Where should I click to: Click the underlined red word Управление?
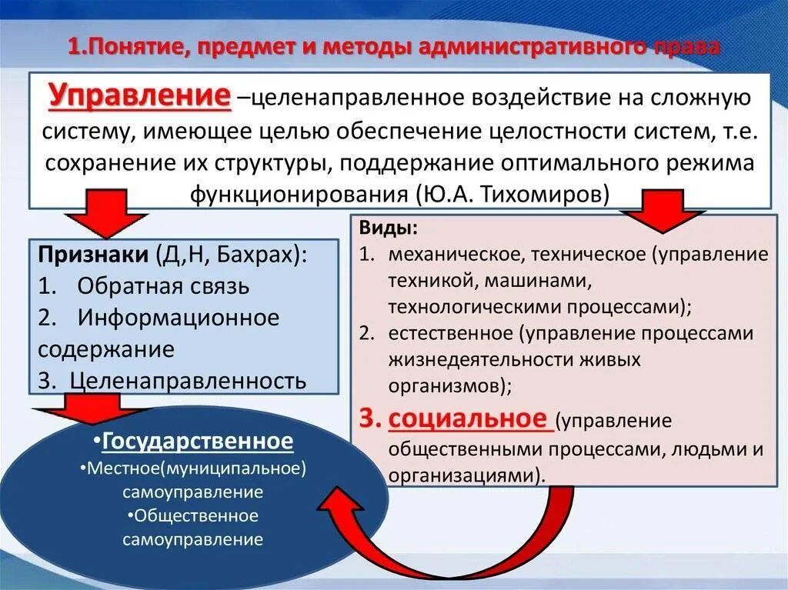141,97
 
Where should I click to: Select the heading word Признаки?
92,255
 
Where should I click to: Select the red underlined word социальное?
470,419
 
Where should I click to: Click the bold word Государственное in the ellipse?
198,442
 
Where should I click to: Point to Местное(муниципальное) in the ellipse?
197,468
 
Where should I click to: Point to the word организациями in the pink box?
466,475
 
